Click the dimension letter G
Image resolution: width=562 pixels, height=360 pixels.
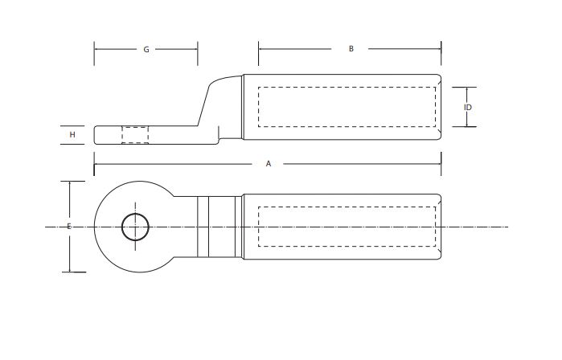coord(146,50)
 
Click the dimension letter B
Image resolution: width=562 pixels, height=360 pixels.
coord(351,49)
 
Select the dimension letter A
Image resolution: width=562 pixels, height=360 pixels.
coord(269,164)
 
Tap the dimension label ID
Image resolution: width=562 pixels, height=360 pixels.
coord(467,107)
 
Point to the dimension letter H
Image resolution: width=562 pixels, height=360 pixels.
coord(72,135)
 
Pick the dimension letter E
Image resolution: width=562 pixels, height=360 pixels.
coord(69,227)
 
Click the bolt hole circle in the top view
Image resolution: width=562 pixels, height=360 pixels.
coord(135,227)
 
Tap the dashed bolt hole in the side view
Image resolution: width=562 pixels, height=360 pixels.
coord(135,135)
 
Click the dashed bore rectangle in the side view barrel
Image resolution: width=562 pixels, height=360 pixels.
coord(347,107)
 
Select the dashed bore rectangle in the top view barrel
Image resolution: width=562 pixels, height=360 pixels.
coord(347,227)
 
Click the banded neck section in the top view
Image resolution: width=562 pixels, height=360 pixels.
coord(217,227)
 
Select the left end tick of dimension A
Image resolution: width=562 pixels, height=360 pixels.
coord(95,164)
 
